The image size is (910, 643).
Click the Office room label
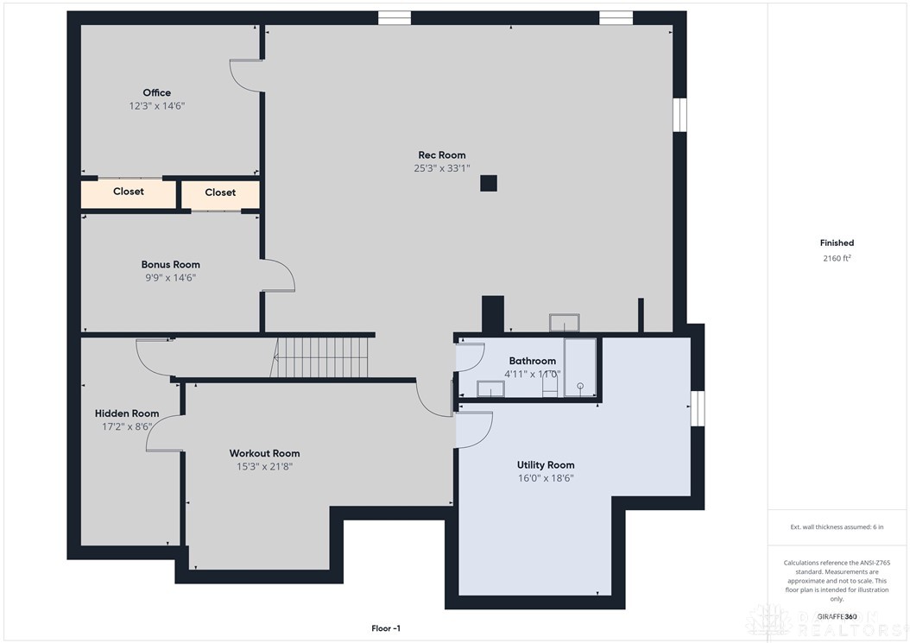pyautogui.click(x=156, y=92)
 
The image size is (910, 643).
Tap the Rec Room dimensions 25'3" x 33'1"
pyautogui.click(x=441, y=168)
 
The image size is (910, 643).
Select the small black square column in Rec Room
pyautogui.click(x=489, y=183)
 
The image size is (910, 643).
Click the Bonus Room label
pyautogui.click(x=170, y=264)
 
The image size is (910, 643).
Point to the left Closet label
pyautogui.click(x=129, y=192)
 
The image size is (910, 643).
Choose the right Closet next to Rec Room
pyautogui.click(x=220, y=192)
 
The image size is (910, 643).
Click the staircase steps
pyautogui.click(x=321, y=356)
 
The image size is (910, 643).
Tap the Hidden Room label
pyautogui.click(x=127, y=413)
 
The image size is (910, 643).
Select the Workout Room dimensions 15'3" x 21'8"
pyautogui.click(x=264, y=466)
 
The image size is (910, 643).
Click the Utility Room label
pyautogui.click(x=545, y=464)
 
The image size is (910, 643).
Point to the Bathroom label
pyautogui.click(x=532, y=361)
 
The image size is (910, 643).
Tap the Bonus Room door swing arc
pyautogui.click(x=281, y=276)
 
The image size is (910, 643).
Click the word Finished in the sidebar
pyautogui.click(x=837, y=243)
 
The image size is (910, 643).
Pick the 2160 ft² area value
pyautogui.click(x=837, y=258)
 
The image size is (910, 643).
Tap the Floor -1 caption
pyautogui.click(x=385, y=628)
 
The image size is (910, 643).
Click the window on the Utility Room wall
pyautogui.click(x=697, y=408)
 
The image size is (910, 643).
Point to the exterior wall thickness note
pyautogui.click(x=837, y=526)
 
